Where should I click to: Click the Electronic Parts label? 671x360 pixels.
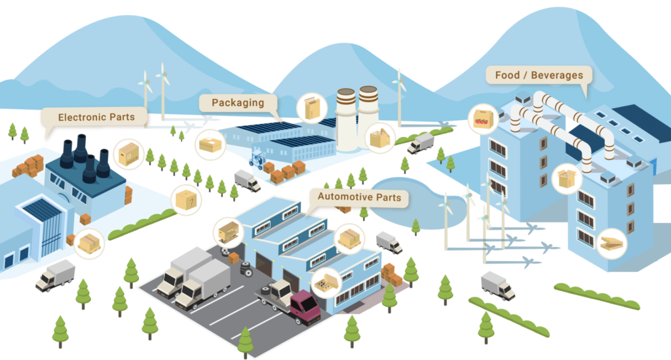pos(96,117)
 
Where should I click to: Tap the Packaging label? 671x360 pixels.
pos(238,103)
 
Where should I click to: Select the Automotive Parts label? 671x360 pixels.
pos(360,197)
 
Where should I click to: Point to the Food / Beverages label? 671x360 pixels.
pos(539,75)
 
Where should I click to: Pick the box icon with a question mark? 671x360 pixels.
pos(186,199)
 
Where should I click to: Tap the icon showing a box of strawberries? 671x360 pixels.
pos(483,119)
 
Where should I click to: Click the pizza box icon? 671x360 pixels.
pos(612,243)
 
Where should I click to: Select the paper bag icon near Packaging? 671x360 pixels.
pos(312,108)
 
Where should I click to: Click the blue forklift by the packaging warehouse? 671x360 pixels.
pos(258,159)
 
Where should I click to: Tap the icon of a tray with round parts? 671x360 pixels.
pos(326,283)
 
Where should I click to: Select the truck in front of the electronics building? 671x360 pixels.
pos(55,275)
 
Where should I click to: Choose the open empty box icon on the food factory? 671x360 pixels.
pos(567,178)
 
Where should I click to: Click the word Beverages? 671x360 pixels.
pos(557,75)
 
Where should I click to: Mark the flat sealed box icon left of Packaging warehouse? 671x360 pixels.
pos(210,145)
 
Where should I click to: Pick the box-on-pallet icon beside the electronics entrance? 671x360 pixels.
pos(89,243)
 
